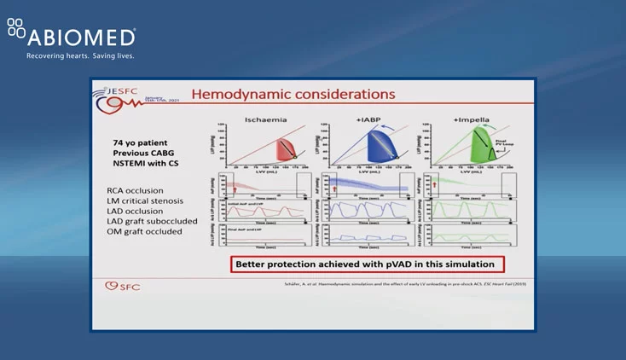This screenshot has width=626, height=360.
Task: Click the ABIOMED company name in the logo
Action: tap(81, 38)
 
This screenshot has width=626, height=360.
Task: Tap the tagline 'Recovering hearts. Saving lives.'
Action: tap(80, 56)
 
